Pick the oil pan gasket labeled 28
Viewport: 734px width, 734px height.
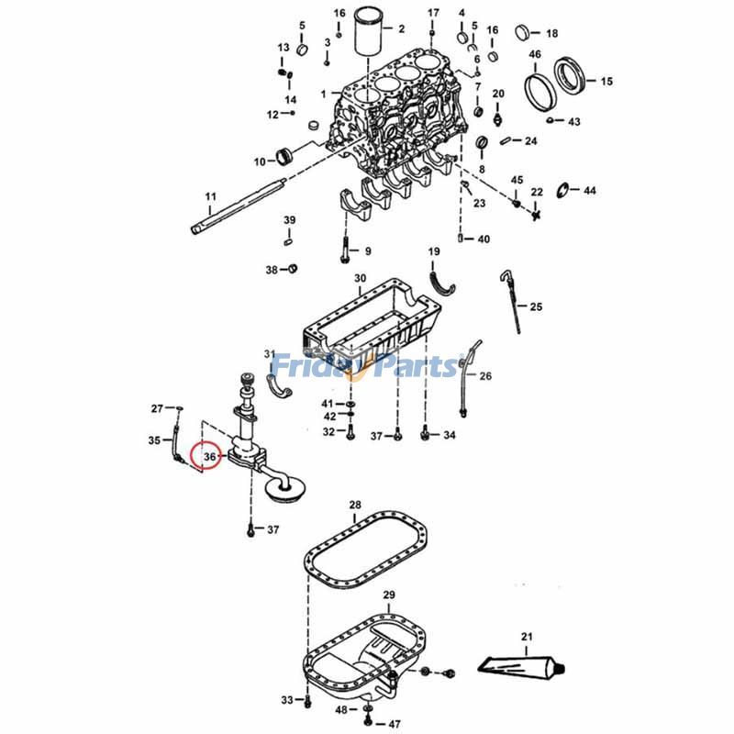click(366, 550)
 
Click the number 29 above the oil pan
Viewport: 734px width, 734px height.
click(388, 595)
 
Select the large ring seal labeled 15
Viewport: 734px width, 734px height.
click(575, 73)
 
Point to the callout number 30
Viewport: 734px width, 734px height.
click(360, 278)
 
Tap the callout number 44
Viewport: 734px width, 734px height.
click(589, 191)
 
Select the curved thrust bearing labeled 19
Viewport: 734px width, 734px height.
click(443, 278)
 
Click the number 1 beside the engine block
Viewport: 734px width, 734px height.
click(323, 95)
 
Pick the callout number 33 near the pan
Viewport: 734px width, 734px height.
click(286, 701)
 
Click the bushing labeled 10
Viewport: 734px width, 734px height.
click(282, 156)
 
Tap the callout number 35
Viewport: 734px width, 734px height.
click(154, 440)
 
